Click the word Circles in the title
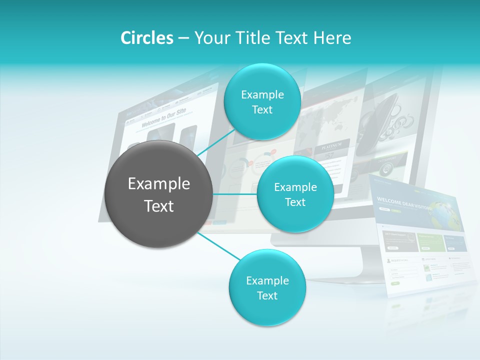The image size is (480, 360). click(146, 38)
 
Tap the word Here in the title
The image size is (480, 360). click(332, 38)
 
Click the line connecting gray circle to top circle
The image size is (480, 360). click(215, 143)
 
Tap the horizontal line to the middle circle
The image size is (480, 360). click(235, 194)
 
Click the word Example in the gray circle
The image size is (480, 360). click(159, 184)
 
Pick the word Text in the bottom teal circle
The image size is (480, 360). click(267, 295)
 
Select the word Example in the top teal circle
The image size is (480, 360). click(262, 94)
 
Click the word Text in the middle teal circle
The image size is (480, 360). click(295, 202)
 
